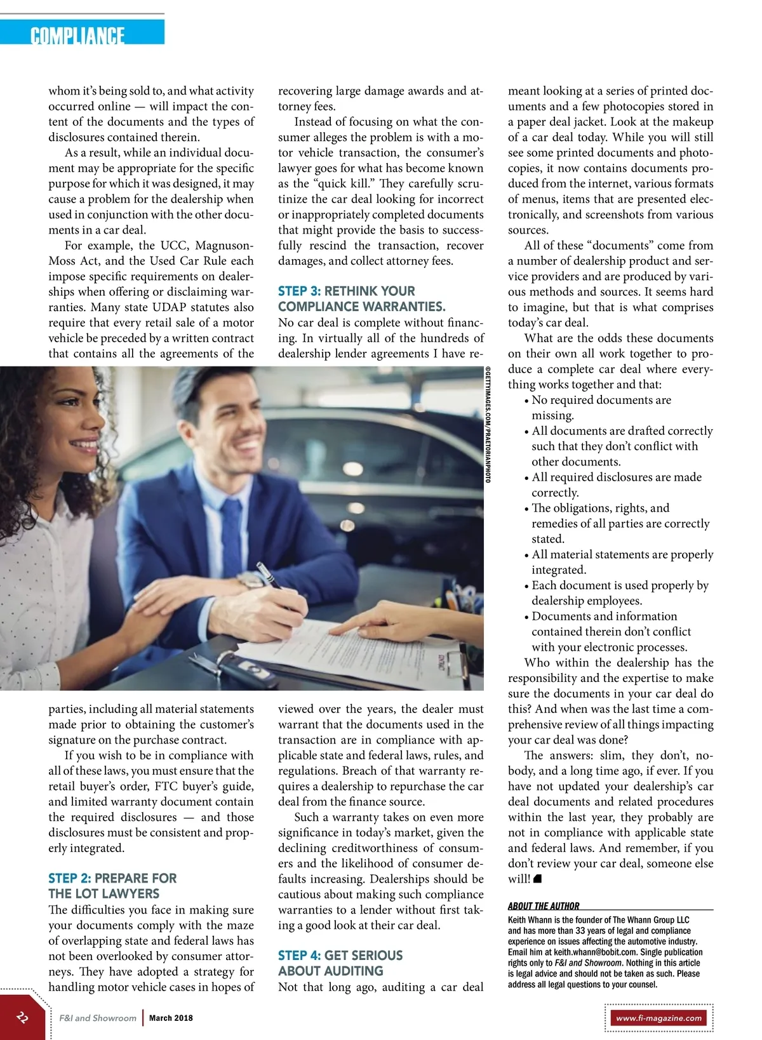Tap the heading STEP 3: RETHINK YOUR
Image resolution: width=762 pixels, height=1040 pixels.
point(346,291)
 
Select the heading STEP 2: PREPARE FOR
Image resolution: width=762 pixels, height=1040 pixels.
point(112,878)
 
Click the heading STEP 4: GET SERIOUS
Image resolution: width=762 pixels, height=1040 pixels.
point(340,956)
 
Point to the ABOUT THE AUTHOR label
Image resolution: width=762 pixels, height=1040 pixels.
point(544,906)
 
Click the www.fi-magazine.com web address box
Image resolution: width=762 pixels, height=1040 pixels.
point(658,1018)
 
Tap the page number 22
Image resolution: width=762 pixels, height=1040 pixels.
point(23,1017)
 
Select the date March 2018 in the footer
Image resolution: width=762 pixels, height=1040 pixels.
point(171,1018)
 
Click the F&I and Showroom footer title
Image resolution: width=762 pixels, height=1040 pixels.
point(98,1018)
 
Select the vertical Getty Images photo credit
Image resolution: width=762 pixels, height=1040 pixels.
point(488,424)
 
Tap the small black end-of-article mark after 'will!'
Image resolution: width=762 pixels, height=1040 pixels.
point(537,879)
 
